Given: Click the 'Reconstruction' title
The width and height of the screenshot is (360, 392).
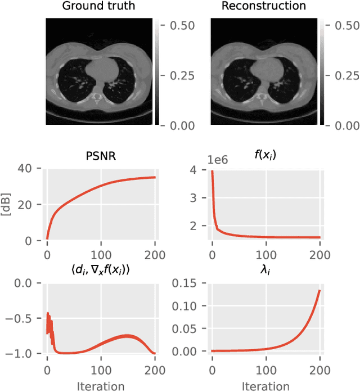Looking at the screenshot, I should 264,7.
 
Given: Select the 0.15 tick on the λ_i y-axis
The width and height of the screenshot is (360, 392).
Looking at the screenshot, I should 189,283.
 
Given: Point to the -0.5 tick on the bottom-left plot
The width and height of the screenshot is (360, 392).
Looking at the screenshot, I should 24,318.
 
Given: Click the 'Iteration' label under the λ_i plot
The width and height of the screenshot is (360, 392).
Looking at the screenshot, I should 265,386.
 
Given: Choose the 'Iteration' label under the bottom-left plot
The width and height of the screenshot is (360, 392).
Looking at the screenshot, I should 100,386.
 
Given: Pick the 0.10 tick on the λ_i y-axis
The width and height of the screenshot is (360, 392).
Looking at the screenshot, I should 189,306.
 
